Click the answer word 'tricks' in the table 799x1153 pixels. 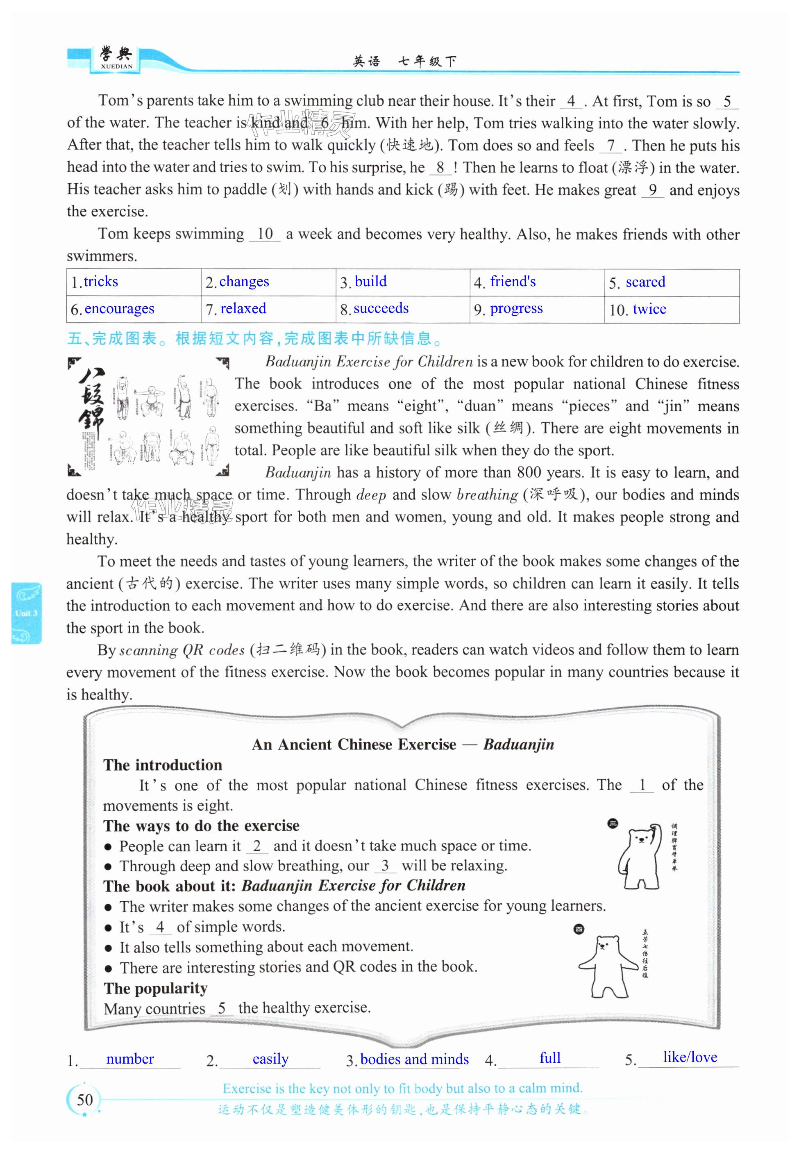pos(101,282)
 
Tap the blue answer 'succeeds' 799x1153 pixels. pos(381,308)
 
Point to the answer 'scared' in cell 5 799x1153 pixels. pos(645,282)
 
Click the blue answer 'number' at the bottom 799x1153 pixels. pos(129,1058)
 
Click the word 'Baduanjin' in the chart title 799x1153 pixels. pos(519,744)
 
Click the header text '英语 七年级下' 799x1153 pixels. pos(404,62)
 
